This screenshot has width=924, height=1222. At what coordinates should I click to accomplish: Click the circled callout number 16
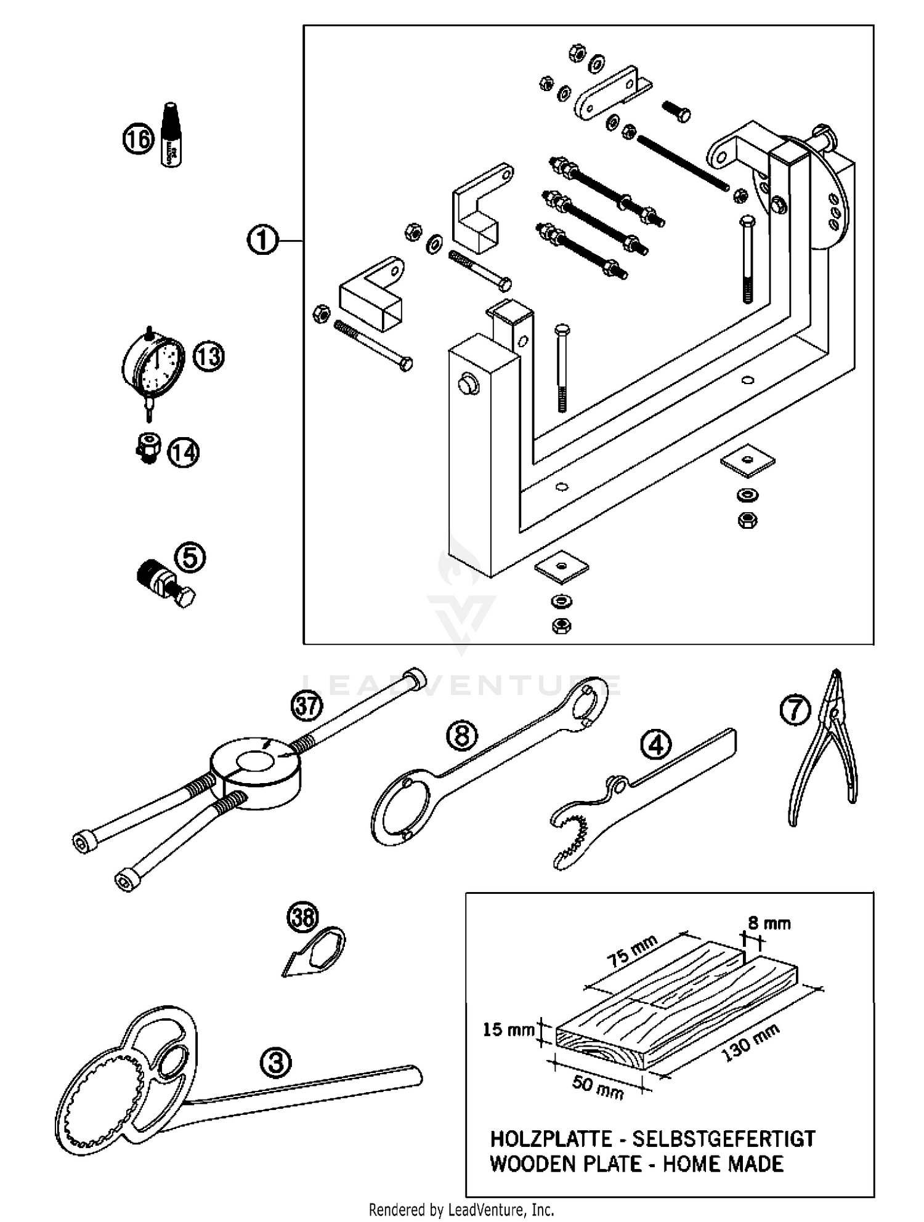point(137,139)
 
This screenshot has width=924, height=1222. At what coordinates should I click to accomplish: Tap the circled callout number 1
point(262,240)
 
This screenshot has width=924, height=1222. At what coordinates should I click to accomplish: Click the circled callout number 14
point(184,452)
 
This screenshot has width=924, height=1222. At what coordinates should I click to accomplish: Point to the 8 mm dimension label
point(769,923)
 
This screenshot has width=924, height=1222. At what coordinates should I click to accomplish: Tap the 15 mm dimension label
point(508,1029)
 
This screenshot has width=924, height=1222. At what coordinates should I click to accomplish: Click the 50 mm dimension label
point(598,1087)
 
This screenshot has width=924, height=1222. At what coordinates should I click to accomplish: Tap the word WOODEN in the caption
point(529,1164)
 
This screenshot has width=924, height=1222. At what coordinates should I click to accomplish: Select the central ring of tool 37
point(256,767)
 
